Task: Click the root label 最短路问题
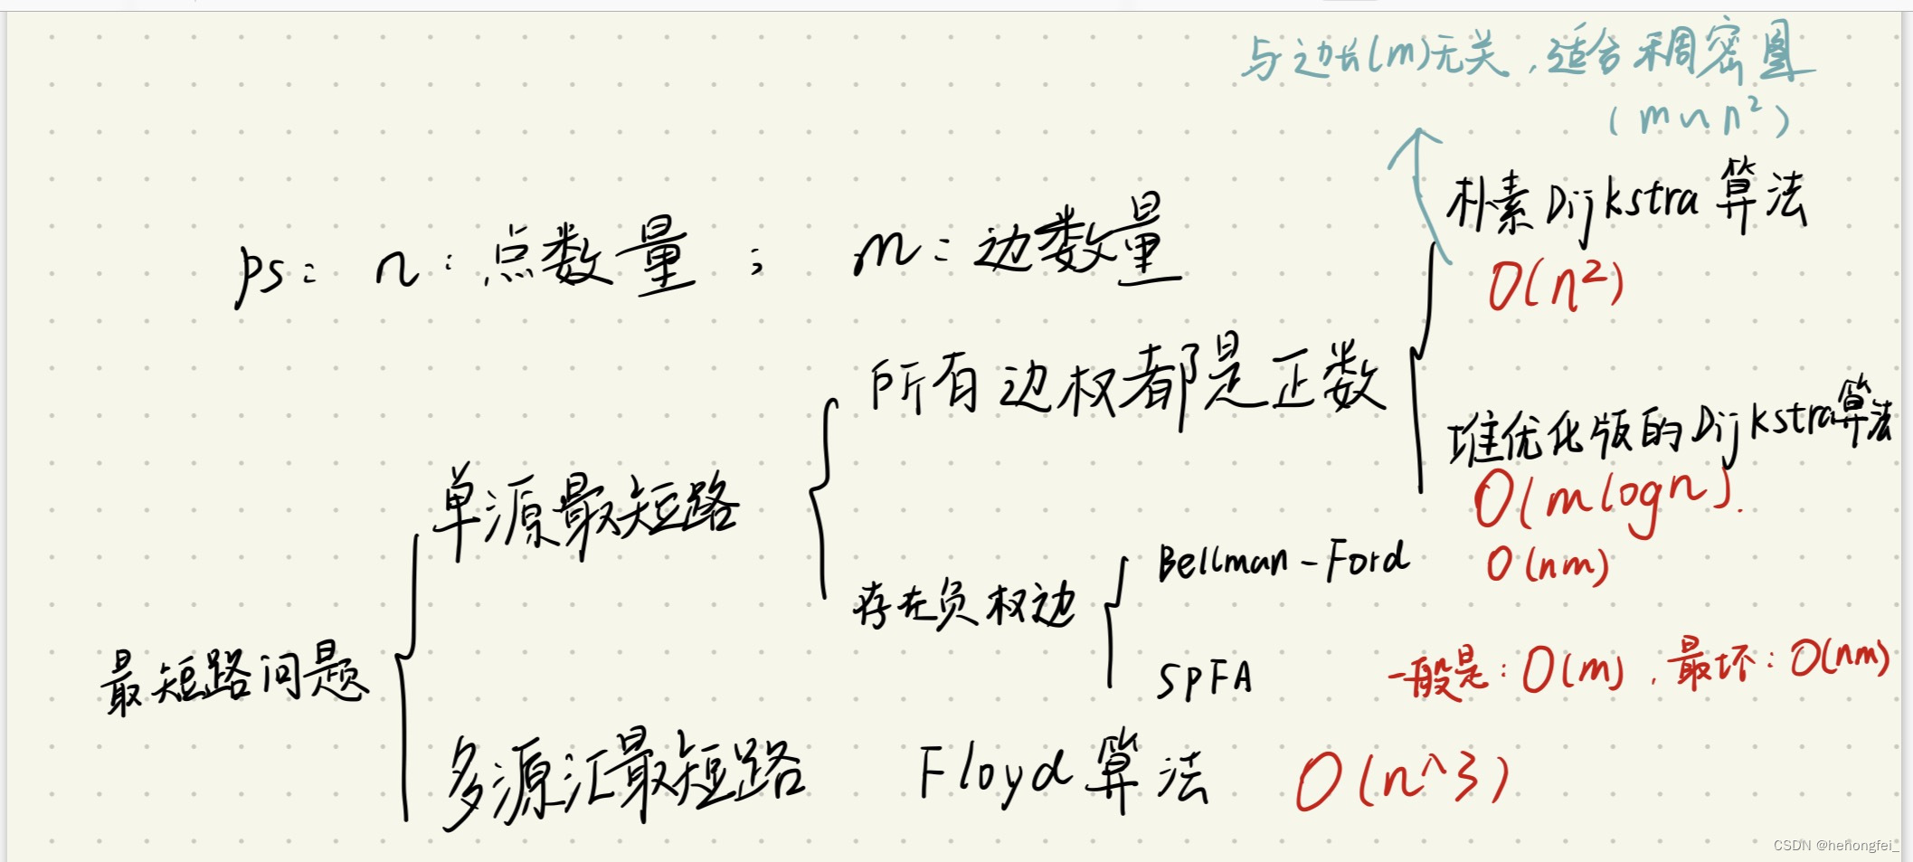click(235, 678)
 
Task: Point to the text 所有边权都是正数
click(1126, 384)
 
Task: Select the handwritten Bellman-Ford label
click(1283, 561)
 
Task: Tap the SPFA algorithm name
click(1205, 678)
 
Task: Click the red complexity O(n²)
click(1556, 285)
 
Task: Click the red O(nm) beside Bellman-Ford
click(1548, 565)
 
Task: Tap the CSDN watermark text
click(1835, 846)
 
